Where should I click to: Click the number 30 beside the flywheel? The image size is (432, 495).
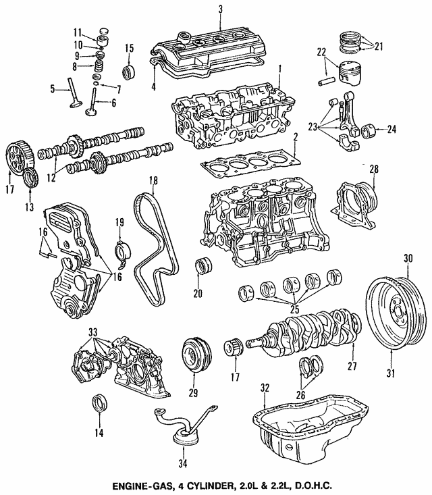(407, 257)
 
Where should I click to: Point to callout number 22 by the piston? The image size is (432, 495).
(322, 51)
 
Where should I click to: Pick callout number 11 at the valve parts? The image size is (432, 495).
(78, 31)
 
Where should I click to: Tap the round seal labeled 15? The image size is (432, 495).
(128, 72)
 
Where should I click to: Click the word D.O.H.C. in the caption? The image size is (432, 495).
(315, 485)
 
